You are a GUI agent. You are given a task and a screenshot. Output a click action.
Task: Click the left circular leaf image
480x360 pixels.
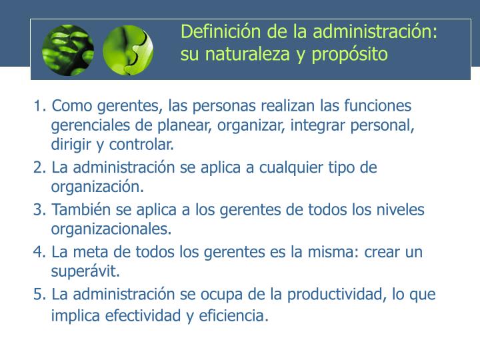coord(68,50)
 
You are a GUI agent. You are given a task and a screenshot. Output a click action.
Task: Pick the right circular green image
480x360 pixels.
coord(128,50)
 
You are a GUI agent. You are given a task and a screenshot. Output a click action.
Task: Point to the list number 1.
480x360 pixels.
coord(38,106)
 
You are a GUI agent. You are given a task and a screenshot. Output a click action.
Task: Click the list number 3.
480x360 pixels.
coord(38,210)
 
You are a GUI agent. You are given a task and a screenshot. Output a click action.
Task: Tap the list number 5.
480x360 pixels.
coord(38,294)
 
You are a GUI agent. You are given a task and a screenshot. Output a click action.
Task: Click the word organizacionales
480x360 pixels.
coord(111,229)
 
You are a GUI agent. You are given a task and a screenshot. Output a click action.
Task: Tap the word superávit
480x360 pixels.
coord(85,271)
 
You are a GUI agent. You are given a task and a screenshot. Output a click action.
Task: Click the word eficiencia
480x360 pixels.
coord(232,315)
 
